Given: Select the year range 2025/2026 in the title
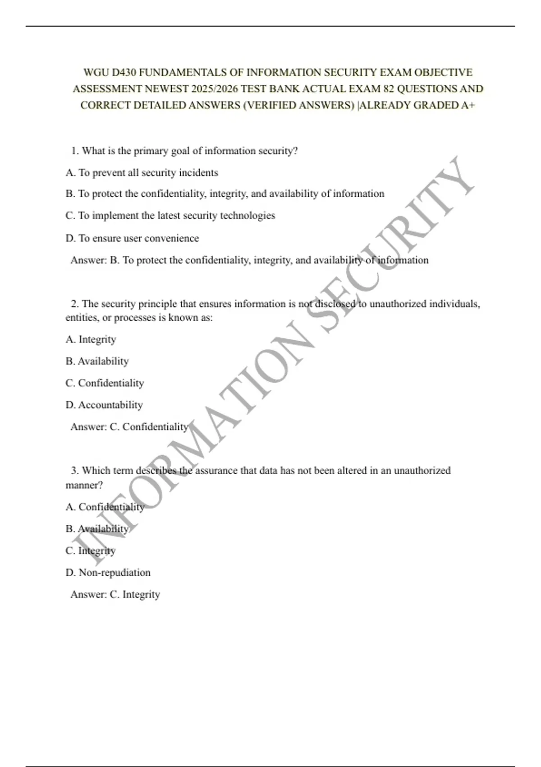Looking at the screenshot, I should tap(215, 89).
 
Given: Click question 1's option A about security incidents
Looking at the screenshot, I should tap(142, 173).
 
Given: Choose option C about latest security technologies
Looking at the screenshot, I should tap(170, 216).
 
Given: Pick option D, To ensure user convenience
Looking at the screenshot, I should tap(132, 238).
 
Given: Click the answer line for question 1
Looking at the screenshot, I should tap(249, 260).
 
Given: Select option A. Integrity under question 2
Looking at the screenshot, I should tap(91, 339).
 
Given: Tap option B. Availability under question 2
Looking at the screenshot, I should tap(97, 361).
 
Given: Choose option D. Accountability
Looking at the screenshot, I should tap(104, 405).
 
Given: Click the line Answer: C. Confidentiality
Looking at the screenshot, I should tap(129, 427).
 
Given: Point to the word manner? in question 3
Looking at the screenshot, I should tap(84, 485).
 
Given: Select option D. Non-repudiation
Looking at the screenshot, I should tap(108, 573).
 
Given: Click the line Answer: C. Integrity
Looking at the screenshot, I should tap(115, 595).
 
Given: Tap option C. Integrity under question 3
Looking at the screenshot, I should tap(91, 551).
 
